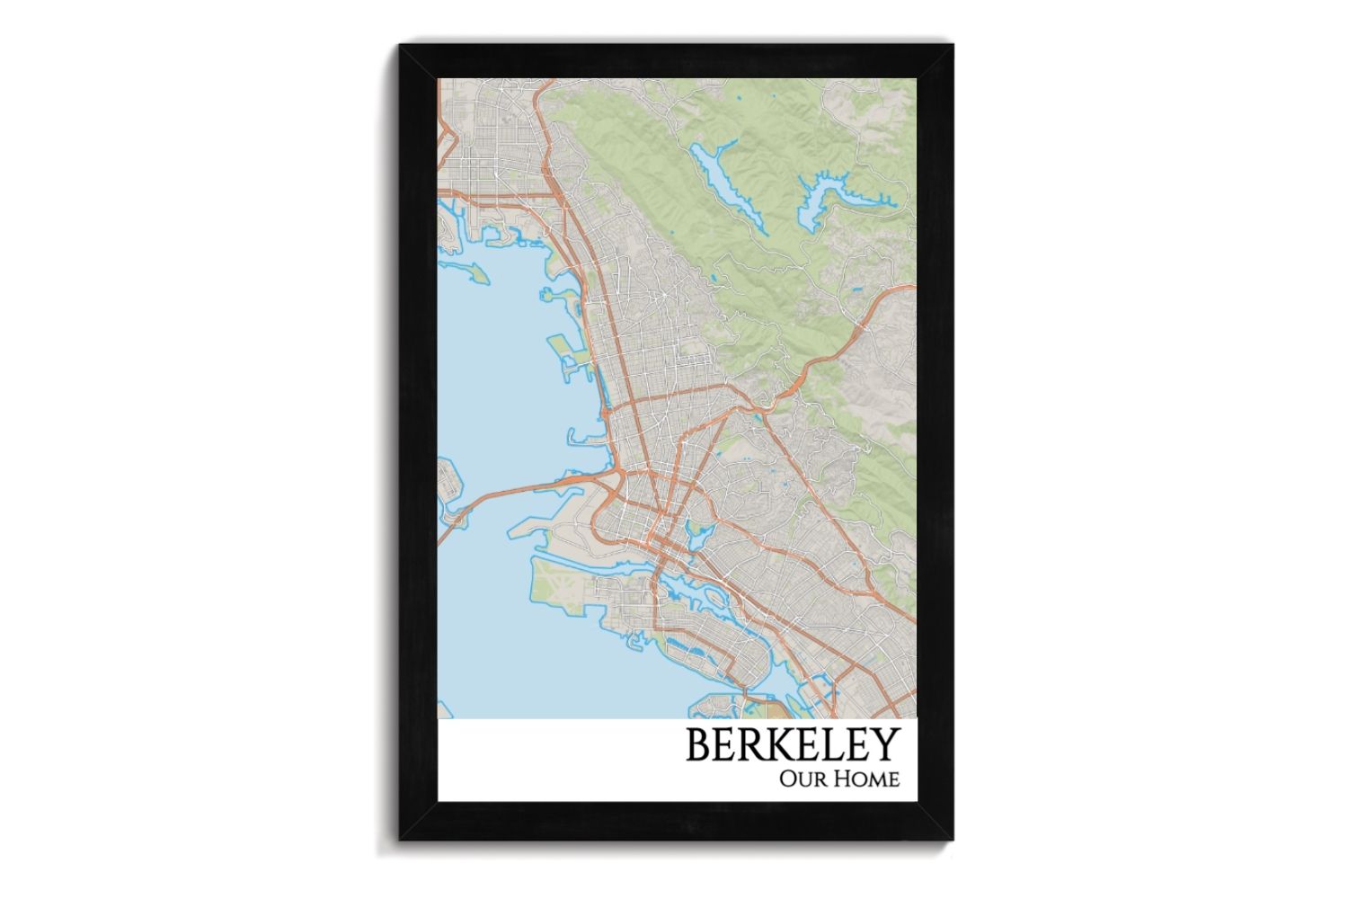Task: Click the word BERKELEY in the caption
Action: [793, 744]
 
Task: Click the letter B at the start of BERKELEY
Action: [699, 744]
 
